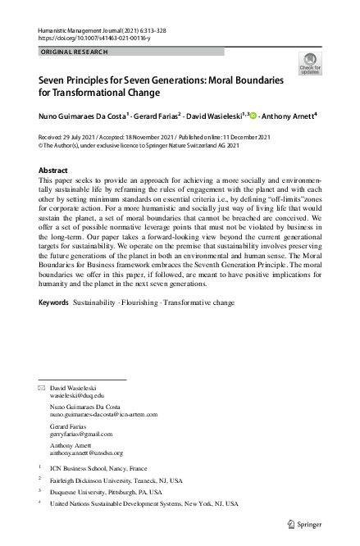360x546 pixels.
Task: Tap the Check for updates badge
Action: [x=310, y=64]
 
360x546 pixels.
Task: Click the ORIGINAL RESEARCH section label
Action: [x=74, y=52]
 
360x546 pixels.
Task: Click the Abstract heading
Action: [x=54, y=171]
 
